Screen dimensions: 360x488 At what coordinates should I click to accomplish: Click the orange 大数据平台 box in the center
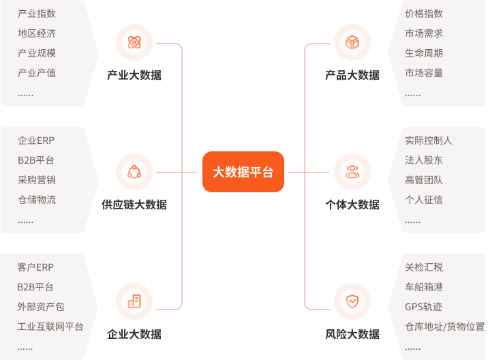pyautogui.click(x=243, y=172)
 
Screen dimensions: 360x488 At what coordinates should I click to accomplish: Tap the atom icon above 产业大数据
pyautogui.click(x=134, y=43)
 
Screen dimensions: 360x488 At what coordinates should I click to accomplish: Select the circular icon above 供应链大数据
pyautogui.click(x=134, y=172)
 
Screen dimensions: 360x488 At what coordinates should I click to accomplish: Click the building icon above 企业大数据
pyautogui.click(x=134, y=301)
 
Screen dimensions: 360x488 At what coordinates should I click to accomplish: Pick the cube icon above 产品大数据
pyautogui.click(x=352, y=43)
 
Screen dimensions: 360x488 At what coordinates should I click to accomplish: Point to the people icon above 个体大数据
pyautogui.click(x=352, y=172)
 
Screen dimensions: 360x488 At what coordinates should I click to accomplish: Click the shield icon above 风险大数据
pyautogui.click(x=352, y=301)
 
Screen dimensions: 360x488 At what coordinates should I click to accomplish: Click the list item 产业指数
pyautogui.click(x=37, y=14)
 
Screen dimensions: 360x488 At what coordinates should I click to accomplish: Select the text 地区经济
pyautogui.click(x=37, y=33)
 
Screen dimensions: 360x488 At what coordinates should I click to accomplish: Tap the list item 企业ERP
pyautogui.click(x=36, y=141)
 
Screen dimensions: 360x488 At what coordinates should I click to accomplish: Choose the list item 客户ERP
pyautogui.click(x=35, y=267)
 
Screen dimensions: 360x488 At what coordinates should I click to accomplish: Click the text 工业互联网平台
pyautogui.click(x=50, y=327)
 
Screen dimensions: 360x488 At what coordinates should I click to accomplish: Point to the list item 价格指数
pyautogui.click(x=423, y=14)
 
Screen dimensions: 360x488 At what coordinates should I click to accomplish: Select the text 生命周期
pyautogui.click(x=423, y=53)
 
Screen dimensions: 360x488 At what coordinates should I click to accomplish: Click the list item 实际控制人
pyautogui.click(x=428, y=141)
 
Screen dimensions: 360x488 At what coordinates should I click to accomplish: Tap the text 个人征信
pyautogui.click(x=423, y=200)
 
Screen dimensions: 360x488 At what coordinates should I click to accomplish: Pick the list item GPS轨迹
pyautogui.click(x=423, y=307)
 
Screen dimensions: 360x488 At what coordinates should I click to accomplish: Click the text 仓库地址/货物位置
pyautogui.click(x=444, y=327)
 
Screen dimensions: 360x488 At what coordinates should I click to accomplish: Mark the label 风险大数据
pyautogui.click(x=352, y=335)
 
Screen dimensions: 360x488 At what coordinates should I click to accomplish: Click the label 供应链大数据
pyautogui.click(x=134, y=205)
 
